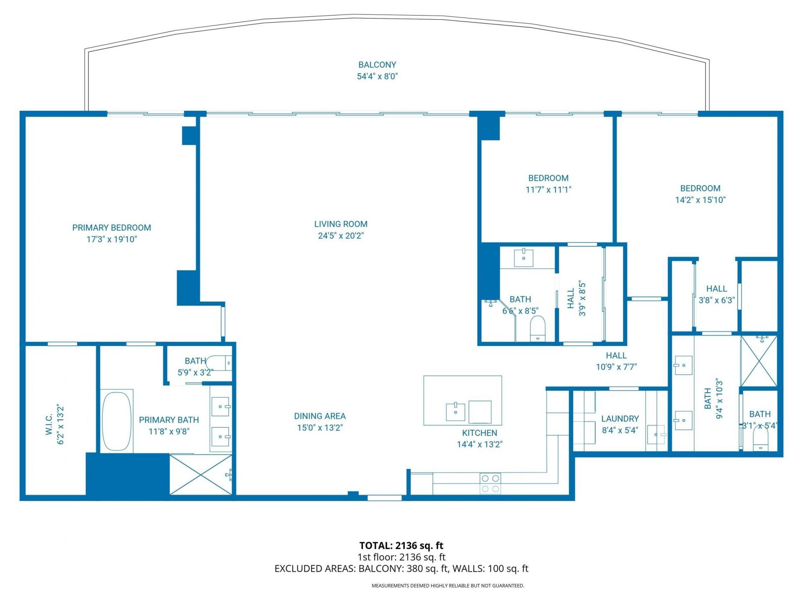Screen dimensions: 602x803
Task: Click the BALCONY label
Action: click(377, 65)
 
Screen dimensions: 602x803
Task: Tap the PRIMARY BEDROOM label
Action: click(112, 228)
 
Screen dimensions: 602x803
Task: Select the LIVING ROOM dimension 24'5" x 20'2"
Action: click(341, 236)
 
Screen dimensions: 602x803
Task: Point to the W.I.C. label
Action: click(49, 424)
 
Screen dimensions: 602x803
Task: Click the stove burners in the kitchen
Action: click(490, 483)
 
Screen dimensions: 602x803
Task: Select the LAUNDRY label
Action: click(620, 418)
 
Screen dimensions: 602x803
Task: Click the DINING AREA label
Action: click(320, 416)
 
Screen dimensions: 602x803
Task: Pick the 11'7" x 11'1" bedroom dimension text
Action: click(548, 190)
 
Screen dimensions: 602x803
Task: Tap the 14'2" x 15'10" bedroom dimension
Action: click(700, 200)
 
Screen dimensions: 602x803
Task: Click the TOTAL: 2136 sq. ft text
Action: click(401, 546)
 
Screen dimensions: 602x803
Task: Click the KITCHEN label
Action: click(479, 433)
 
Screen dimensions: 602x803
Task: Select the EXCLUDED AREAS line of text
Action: click(401, 569)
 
